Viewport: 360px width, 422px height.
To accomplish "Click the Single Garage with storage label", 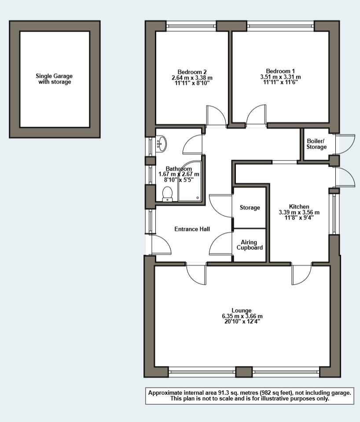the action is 54,79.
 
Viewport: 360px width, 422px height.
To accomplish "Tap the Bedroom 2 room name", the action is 192,72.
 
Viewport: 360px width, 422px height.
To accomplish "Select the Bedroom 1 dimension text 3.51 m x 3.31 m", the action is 280,77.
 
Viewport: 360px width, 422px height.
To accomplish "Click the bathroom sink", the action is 161,143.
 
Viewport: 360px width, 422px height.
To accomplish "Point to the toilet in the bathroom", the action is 167,194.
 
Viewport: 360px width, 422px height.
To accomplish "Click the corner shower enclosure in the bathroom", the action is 189,181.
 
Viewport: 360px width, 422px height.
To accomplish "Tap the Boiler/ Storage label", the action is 316,144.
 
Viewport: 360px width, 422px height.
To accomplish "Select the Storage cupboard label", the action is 250,207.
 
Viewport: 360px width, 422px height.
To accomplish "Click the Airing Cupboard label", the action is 250,245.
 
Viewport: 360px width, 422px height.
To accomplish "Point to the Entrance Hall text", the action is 192,229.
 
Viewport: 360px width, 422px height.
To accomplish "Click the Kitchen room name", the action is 299,207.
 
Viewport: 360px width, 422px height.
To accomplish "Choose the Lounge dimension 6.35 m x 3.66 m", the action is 242,316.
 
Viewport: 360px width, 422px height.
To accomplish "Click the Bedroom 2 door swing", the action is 216,115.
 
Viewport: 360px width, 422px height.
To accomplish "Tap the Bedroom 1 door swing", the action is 256,115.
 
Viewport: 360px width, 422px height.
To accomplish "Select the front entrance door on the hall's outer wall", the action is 161,244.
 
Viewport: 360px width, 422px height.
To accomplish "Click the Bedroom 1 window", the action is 280,26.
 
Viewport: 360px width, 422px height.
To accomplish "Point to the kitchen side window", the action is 334,214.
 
